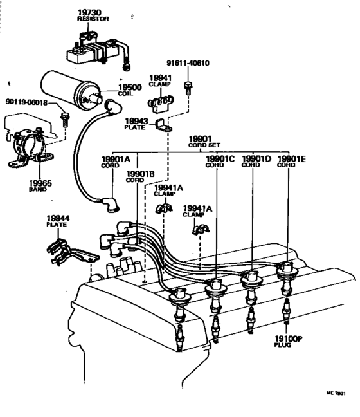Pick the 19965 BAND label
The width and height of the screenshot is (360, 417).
pos(39,186)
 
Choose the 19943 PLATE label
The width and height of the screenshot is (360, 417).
pos(136,124)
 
